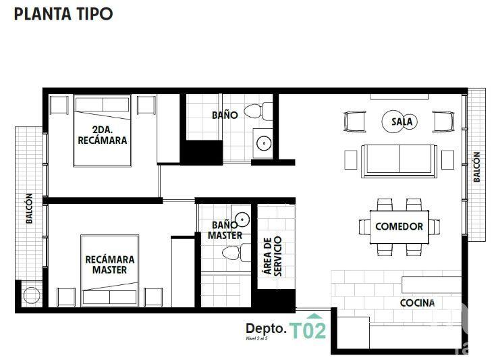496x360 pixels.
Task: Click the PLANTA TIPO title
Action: pos(63,14)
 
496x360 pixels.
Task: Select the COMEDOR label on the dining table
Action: pos(399,226)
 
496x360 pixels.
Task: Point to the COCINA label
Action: pos(417,303)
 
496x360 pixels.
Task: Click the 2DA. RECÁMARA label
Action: pos(103,135)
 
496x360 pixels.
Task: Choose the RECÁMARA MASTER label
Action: pos(109,264)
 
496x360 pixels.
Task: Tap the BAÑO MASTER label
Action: pos(225,230)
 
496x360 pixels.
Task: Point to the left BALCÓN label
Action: pos(29,209)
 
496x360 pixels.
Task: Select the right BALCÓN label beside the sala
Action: pos(476,166)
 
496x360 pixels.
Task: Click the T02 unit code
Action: pos(308,330)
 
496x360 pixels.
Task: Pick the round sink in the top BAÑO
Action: pos(264,143)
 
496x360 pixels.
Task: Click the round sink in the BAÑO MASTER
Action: pos(242,218)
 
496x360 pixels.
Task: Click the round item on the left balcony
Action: pos(31,295)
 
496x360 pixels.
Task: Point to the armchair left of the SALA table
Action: pos(355,122)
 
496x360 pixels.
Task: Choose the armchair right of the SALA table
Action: pos(442,122)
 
